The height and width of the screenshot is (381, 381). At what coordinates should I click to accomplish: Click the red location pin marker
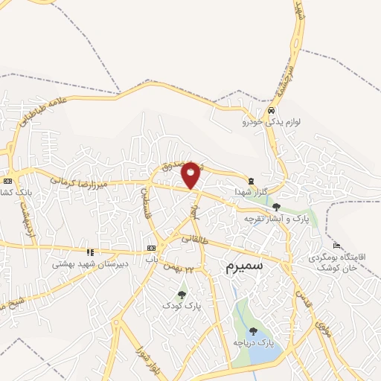coord(191,174)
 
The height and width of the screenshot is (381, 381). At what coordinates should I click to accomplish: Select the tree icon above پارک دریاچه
coord(253,331)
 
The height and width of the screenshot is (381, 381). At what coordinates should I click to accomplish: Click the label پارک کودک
coord(182,306)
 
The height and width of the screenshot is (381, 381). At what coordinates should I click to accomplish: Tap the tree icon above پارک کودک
coord(182,295)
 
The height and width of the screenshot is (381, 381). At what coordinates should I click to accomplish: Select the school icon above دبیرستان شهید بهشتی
coord(90,252)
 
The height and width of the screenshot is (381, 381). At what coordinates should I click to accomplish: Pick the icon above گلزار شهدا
coord(252,180)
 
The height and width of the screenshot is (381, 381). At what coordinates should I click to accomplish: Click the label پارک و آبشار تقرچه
coord(276,219)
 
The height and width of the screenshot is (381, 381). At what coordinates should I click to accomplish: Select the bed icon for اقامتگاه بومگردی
coord(336,246)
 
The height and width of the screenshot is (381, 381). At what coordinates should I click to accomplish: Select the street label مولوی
coord(322,327)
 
